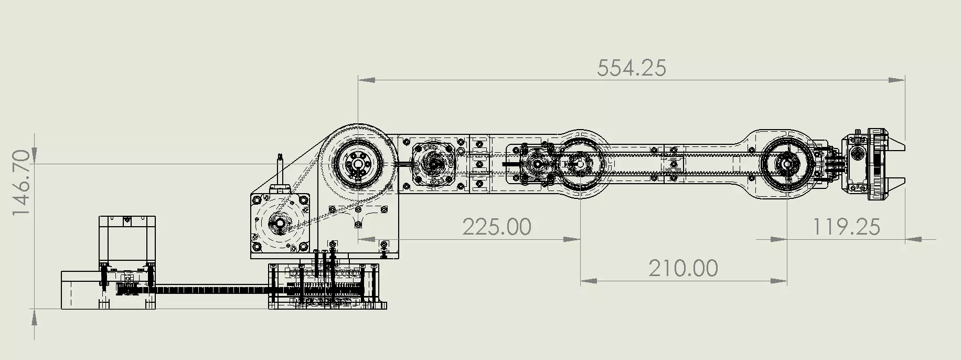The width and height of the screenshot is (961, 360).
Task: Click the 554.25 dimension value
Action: coord(632,68)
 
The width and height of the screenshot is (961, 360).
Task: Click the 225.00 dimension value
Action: coord(496,227)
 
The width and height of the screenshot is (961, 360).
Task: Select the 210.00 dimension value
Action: coord(683,269)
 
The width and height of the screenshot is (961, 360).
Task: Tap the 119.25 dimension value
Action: coord(846,227)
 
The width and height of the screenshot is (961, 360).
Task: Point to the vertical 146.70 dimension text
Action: coord(22,183)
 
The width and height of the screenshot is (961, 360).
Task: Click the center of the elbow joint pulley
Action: coord(581,164)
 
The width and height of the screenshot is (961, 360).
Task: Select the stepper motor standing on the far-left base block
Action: coord(127,241)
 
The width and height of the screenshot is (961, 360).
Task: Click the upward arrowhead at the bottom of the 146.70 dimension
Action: coord(35,317)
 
